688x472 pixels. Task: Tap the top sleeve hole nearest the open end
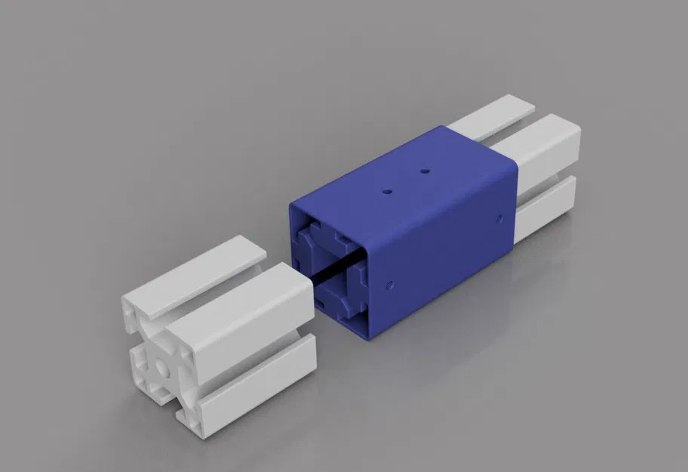[387, 192]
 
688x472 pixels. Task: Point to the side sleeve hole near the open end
[389, 285]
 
